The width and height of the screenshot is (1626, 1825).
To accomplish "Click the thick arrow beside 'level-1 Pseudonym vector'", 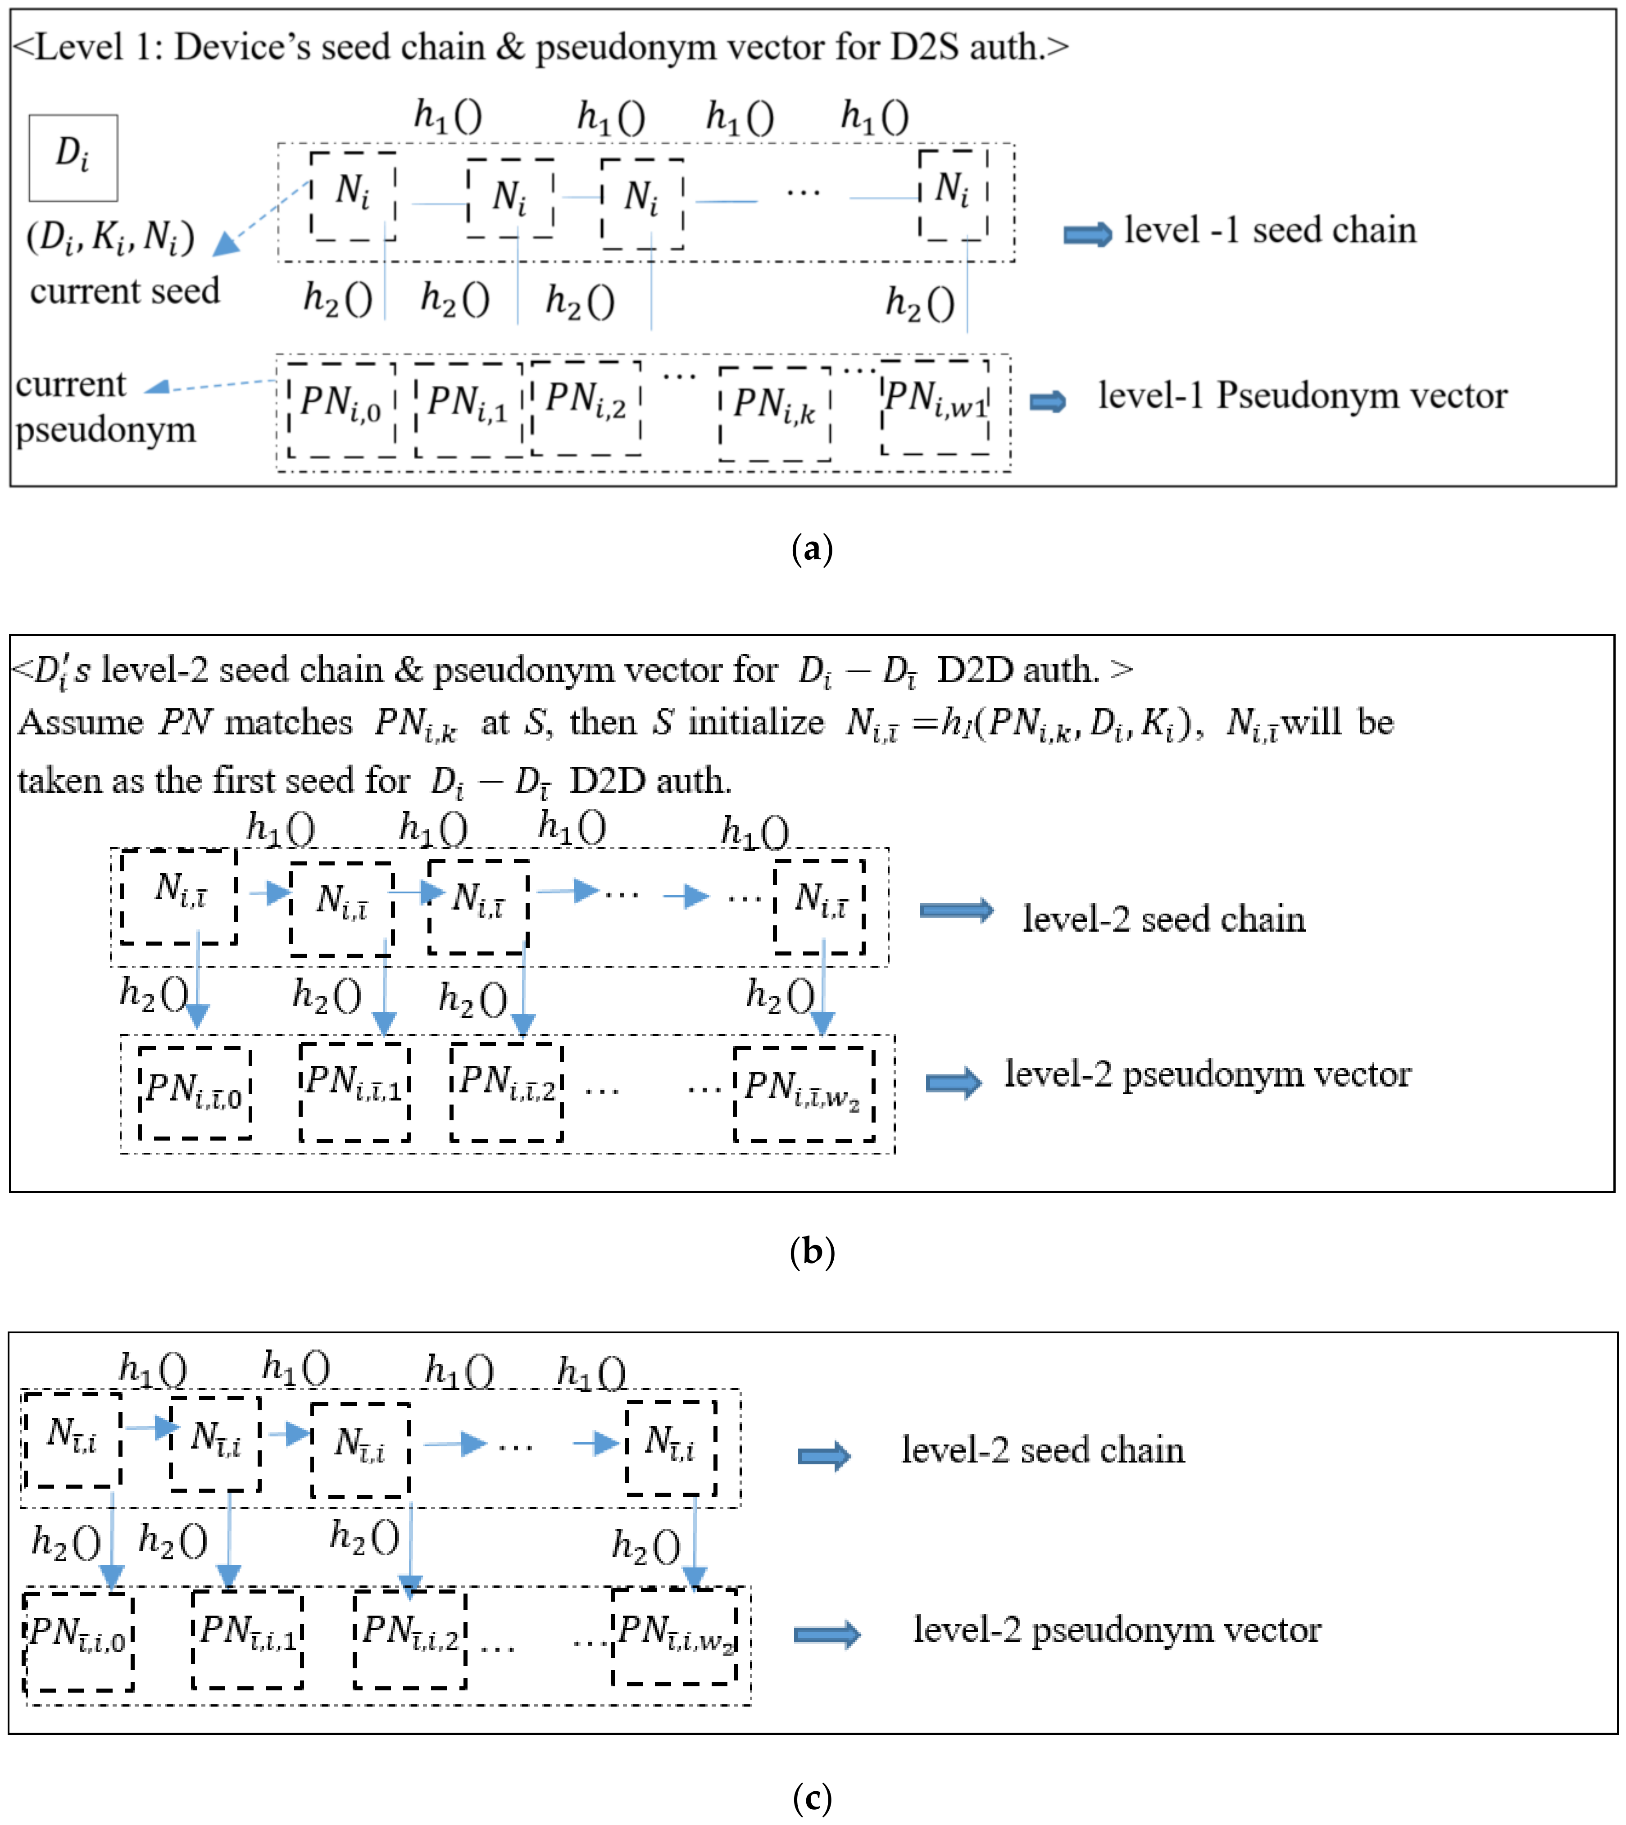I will coord(1047,401).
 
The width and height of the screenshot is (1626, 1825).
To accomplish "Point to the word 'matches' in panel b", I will coord(288,722).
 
